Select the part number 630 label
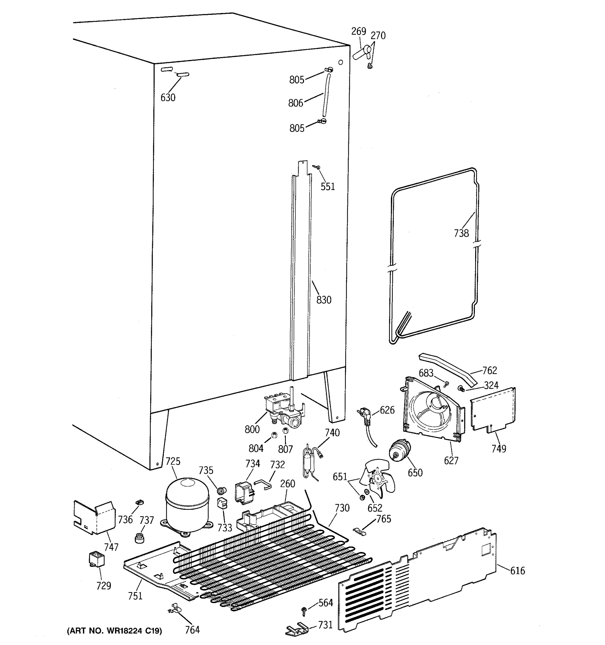(x=168, y=97)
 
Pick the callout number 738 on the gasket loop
(x=461, y=233)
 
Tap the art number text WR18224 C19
(x=114, y=631)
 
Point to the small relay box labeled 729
(x=97, y=560)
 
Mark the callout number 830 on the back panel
(x=323, y=300)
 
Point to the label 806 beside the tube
(x=295, y=103)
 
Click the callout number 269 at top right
(x=358, y=31)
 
